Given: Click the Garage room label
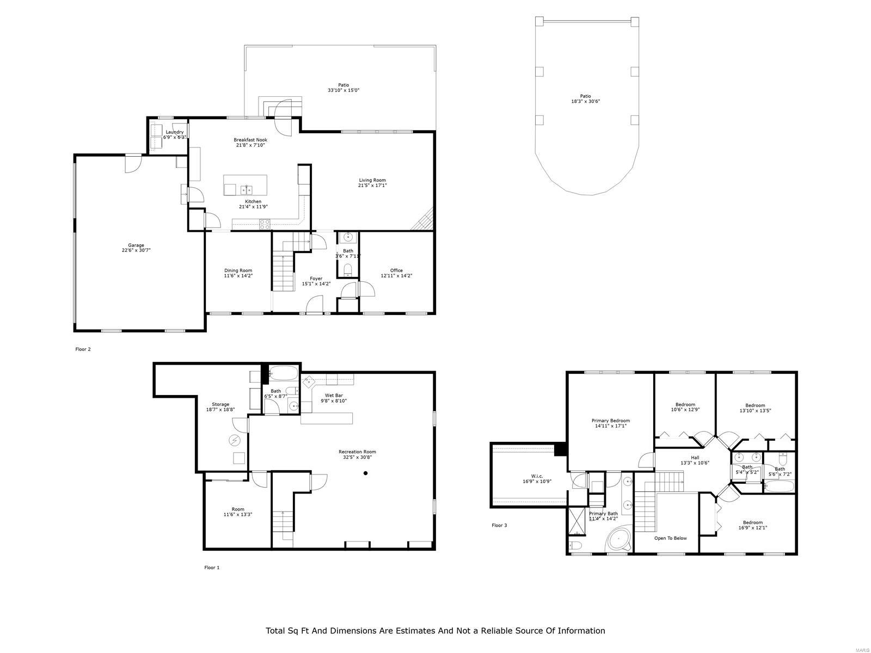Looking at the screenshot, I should point(136,245).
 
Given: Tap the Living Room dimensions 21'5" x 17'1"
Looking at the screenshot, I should point(372,186).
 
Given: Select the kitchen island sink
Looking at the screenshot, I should point(246,190).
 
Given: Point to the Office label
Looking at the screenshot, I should point(396,270).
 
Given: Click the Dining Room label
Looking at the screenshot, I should point(238,270).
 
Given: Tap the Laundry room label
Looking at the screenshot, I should point(175,132).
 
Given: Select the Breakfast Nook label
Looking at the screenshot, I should point(250,140).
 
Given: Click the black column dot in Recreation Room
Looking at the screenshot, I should point(366,473).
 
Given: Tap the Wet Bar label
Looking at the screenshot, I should point(334,396).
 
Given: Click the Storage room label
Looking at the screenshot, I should point(220,404).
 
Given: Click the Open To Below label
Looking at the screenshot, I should point(670,538).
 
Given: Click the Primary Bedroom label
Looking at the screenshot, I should point(610,421).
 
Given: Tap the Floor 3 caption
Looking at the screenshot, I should point(499,526).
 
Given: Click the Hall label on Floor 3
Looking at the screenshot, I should point(695,458).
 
